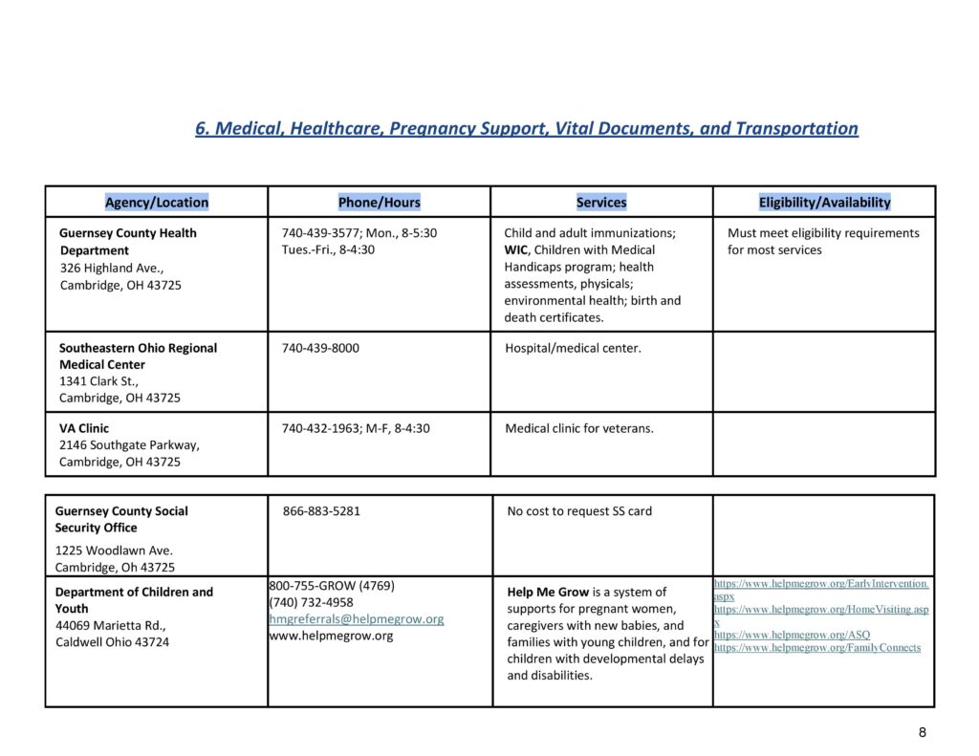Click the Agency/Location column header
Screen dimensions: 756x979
(157, 202)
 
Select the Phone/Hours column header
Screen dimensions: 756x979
(379, 202)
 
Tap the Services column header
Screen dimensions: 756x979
(601, 202)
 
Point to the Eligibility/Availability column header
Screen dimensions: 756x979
(824, 202)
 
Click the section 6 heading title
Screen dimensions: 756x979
(527, 128)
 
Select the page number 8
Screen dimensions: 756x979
(922, 732)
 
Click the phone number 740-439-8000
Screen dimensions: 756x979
(320, 348)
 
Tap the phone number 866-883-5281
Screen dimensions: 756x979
(321, 511)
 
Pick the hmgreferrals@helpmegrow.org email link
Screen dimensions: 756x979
(357, 619)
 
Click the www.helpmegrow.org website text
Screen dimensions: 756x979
(331, 636)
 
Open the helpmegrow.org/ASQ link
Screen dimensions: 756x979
(793, 635)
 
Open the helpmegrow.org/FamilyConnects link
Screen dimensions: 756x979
(817, 648)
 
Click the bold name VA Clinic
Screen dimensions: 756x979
(84, 428)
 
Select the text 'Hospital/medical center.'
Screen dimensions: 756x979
(573, 348)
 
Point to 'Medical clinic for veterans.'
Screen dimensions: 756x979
(579, 428)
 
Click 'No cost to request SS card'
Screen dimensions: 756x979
(579, 511)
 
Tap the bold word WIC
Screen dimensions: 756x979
(515, 249)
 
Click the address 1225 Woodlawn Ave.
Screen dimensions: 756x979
(114, 551)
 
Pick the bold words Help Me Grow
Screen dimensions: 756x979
(548, 593)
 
